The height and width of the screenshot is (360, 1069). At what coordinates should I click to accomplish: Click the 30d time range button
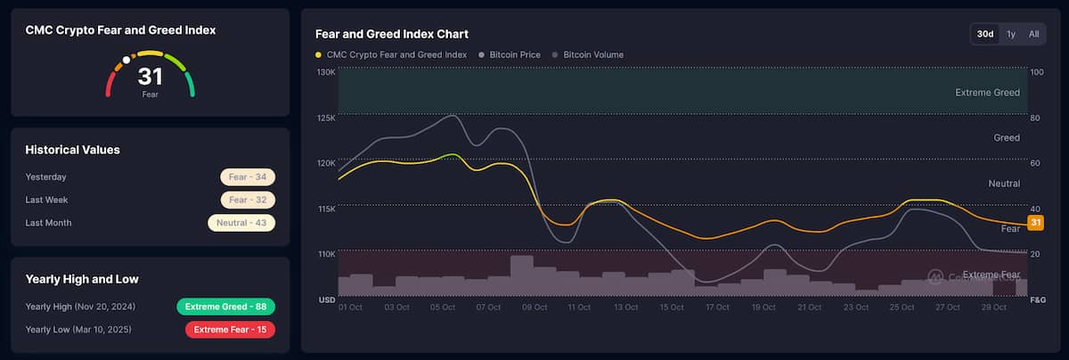coord(985,34)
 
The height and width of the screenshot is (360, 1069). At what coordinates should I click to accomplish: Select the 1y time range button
coord(1011,34)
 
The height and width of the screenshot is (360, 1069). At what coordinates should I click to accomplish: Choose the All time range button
coord(1033,34)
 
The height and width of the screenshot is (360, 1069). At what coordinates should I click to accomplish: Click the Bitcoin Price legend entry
coord(514,54)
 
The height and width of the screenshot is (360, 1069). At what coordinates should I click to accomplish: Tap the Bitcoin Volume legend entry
coord(592,54)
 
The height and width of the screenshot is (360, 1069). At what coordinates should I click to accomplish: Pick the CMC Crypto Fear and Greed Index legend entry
coord(396,54)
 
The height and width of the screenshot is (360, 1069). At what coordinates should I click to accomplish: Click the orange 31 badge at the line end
coord(1035,222)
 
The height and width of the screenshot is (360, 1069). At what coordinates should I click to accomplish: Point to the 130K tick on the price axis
coord(326,71)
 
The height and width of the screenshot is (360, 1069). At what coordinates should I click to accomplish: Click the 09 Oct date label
coord(534,307)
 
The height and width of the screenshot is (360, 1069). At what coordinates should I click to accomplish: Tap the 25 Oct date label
coord(902,307)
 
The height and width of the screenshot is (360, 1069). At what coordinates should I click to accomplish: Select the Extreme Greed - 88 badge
coord(226,307)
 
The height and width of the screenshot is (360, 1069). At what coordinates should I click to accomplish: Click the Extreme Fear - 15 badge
coord(230,330)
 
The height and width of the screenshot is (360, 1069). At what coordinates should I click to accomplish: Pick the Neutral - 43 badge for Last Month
coord(241,223)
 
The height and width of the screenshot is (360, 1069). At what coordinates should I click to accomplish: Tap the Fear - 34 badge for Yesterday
coord(248,176)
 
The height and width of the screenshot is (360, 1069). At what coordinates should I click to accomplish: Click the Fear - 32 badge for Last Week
coord(248,200)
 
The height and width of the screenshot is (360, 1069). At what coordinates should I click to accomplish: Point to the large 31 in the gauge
coord(150,77)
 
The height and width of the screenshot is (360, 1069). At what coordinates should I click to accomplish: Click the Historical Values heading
coord(72,150)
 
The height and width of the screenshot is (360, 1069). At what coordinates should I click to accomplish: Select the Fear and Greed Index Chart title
coord(392,34)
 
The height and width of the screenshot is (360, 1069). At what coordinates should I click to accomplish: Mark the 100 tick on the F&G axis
coord(1036,71)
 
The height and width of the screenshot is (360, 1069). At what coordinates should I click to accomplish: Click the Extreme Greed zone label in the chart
coord(987,92)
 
